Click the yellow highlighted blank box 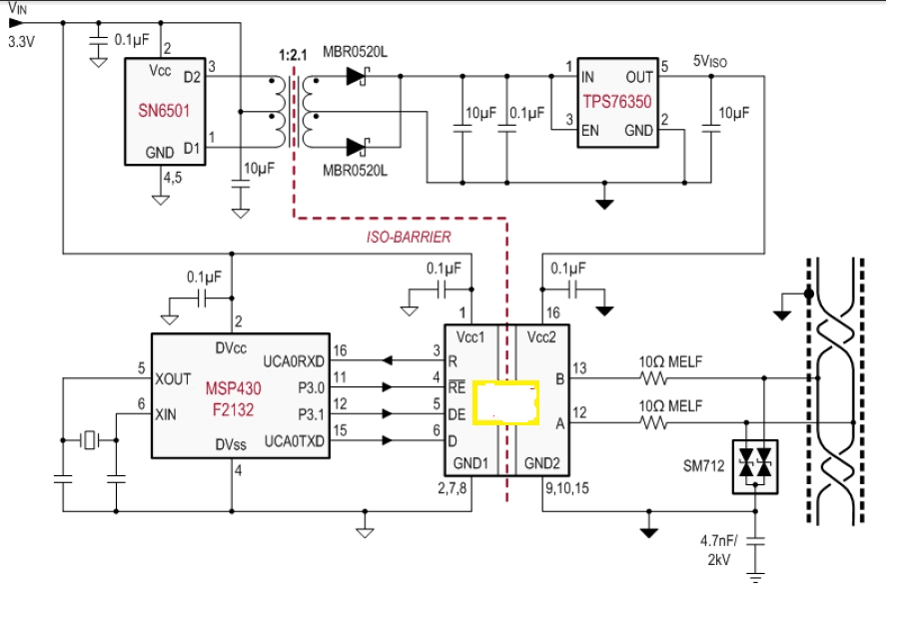[506, 401]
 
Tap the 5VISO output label [711, 61]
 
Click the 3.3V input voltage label [21, 43]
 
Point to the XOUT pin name [174, 380]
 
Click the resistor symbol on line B [655, 379]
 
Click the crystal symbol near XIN [93, 439]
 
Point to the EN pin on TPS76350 [589, 130]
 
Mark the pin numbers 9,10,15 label [566, 489]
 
